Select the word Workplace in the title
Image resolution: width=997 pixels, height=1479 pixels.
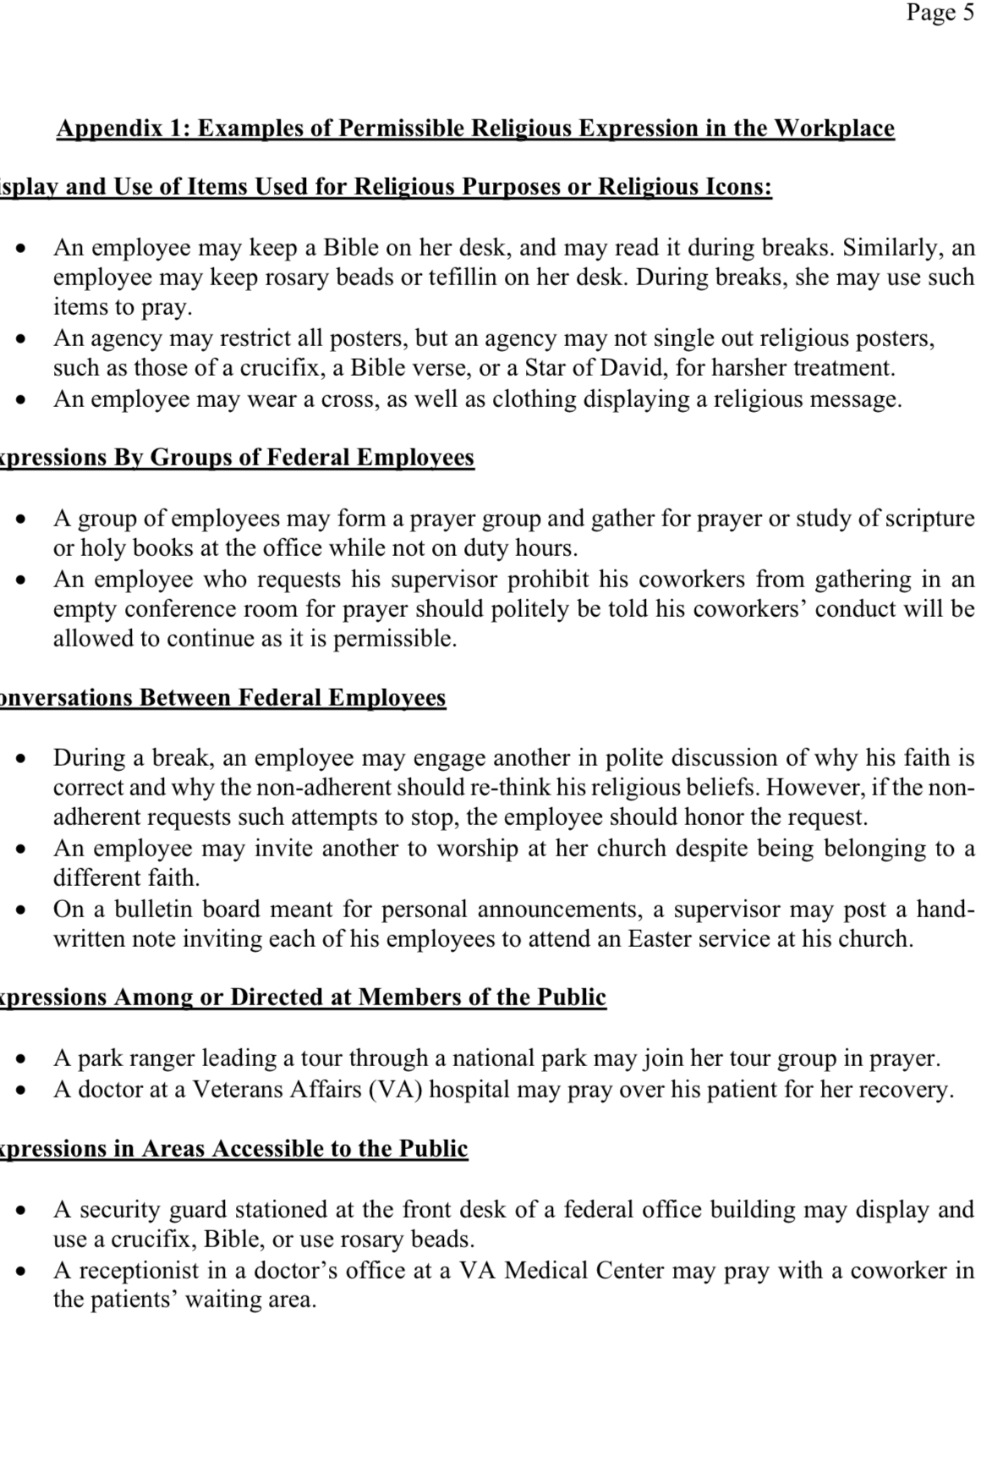tap(835, 129)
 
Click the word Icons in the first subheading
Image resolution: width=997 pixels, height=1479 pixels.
tap(737, 186)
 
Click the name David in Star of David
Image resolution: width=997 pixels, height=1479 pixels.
tap(637, 368)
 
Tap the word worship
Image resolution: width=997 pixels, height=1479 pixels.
tap(477, 849)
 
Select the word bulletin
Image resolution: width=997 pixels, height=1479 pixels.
tap(156, 910)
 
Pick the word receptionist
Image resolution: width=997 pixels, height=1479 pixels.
tap(140, 1270)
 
